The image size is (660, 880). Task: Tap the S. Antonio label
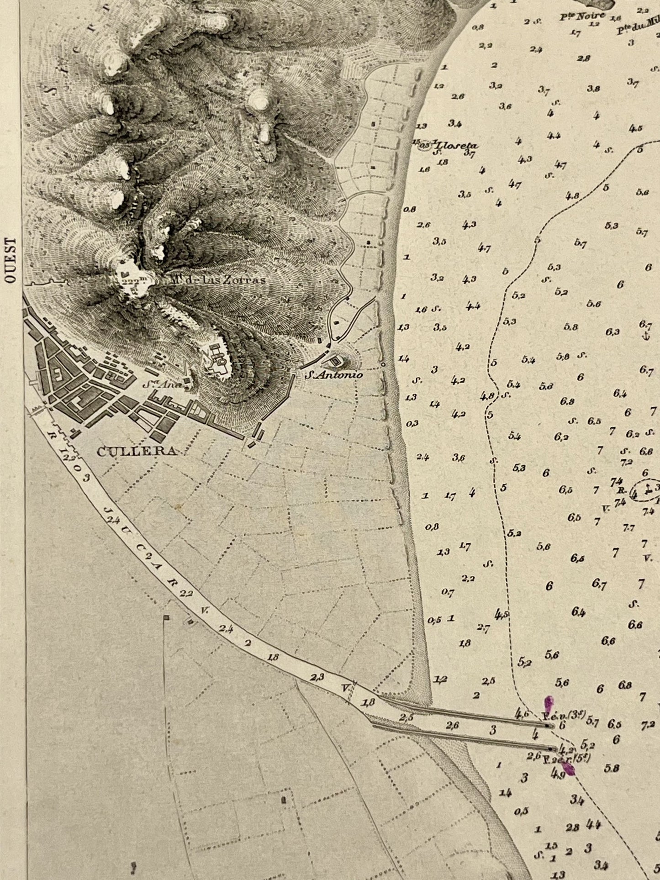334,375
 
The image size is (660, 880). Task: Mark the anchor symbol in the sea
645,337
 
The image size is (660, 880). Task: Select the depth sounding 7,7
628,528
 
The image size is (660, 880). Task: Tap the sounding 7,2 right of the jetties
648,725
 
